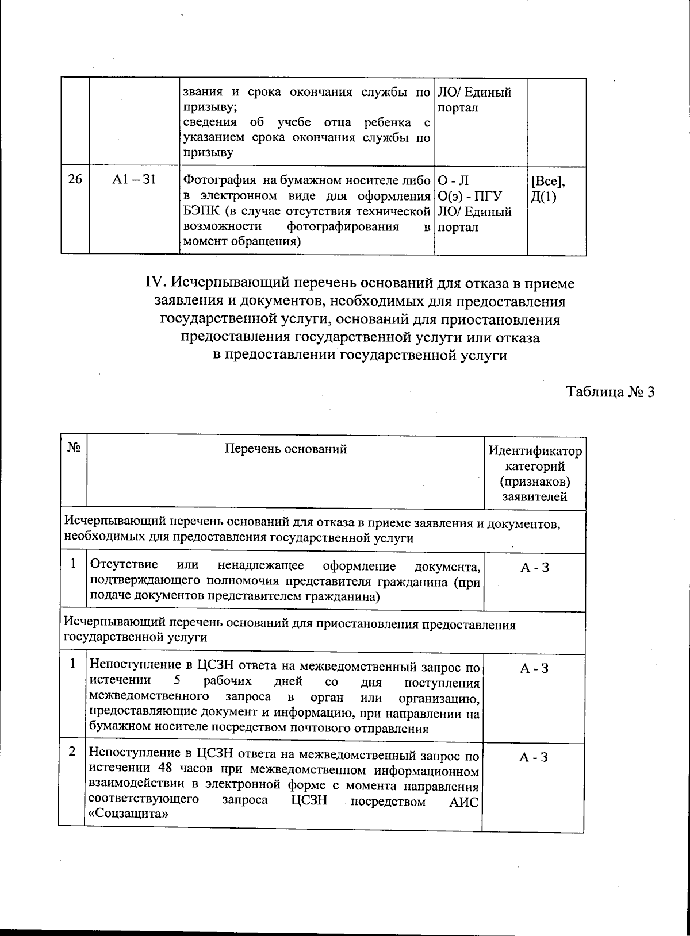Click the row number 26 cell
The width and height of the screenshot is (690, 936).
[75, 180]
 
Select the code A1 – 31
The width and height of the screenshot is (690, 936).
[134, 180]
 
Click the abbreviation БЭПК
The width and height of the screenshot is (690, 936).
[199, 211]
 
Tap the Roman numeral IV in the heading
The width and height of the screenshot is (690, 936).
[156, 284]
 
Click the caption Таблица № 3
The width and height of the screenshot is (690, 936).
[611, 392]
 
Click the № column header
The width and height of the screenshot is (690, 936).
[73, 448]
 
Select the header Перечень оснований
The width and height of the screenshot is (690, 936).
[285, 449]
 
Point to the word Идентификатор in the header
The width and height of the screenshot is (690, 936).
[535, 451]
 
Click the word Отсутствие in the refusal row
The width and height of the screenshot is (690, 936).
[120, 566]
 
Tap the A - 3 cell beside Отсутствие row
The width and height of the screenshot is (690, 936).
[534, 568]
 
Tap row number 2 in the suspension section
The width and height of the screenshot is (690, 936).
[72, 752]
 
